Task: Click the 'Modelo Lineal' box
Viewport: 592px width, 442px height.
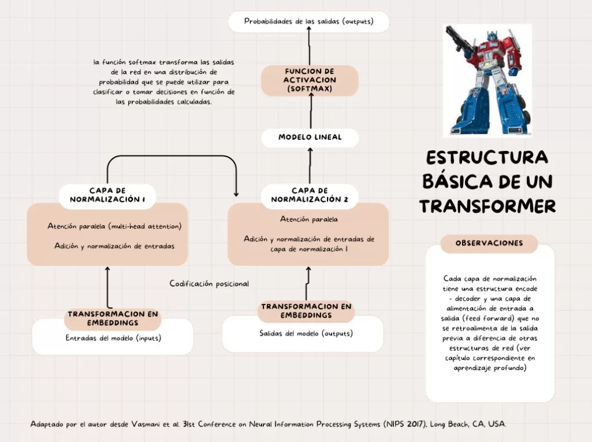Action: (310, 138)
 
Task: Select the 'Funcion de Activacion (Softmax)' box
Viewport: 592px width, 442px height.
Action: (310, 80)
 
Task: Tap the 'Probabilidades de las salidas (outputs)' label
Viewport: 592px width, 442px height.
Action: (308, 21)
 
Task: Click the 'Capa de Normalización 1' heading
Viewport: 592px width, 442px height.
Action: (107, 195)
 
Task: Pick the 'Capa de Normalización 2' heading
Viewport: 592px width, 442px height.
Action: (310, 195)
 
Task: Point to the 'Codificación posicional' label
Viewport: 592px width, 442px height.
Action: (209, 284)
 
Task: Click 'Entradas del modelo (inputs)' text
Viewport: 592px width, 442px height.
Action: (113, 338)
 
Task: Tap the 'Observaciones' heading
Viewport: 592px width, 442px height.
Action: (489, 243)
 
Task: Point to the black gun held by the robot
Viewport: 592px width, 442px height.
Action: (457, 36)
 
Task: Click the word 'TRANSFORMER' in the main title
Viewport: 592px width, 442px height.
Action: (487, 206)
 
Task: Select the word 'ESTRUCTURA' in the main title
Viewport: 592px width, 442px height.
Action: (487, 158)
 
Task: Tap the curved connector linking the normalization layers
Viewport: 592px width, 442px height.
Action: (172, 157)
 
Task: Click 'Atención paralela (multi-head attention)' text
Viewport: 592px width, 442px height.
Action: (114, 226)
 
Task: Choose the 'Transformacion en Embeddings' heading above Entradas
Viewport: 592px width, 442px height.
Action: (113, 318)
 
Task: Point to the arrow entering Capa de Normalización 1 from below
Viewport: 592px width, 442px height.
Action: (107, 286)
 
